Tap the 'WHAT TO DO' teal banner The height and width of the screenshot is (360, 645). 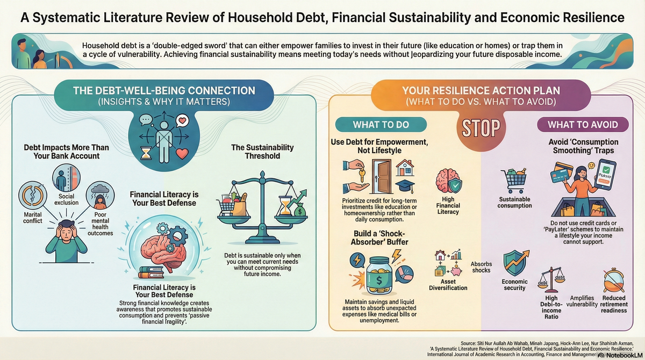(x=381, y=125)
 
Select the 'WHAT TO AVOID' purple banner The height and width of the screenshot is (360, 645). (x=583, y=125)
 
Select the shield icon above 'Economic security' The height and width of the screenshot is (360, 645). (x=514, y=263)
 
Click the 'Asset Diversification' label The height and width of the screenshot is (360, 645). (x=448, y=284)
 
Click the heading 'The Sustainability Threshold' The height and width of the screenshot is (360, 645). (x=263, y=151)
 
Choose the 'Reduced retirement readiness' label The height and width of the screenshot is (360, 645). (x=614, y=304)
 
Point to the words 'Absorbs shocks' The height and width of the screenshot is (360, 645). (x=481, y=267)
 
